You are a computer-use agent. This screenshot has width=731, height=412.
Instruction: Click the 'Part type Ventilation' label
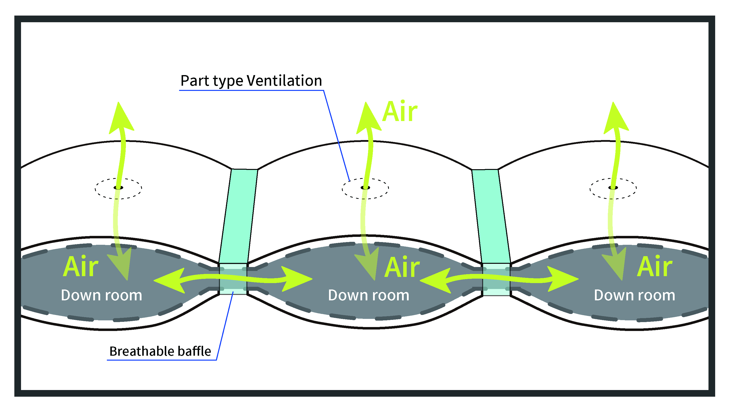251,81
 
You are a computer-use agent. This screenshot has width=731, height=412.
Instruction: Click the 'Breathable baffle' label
160,351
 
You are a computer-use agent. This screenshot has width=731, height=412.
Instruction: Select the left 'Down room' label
101,295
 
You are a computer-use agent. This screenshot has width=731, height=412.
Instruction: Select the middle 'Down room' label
369,295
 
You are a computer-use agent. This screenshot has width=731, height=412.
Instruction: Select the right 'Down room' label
635,295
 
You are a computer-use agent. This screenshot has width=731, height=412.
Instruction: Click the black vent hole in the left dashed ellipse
118,187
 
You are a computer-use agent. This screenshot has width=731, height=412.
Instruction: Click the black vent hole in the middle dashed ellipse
365,187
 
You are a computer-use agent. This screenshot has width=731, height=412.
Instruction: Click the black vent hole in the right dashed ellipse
613,187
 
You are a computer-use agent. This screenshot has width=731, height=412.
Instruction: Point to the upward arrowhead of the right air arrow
615,119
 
